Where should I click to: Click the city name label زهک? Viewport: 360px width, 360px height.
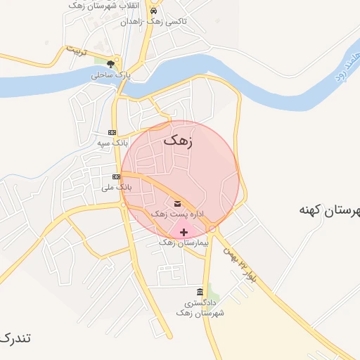tap(178, 141)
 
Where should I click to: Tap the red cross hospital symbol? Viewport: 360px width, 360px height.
tap(184, 232)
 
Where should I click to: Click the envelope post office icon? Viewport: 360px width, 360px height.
tap(177, 204)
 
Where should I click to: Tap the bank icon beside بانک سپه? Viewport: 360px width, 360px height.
tap(112, 133)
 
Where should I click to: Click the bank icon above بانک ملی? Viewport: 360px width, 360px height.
tap(116, 177)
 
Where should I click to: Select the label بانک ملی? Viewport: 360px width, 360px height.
tap(116, 187)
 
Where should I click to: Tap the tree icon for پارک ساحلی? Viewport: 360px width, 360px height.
tap(110, 64)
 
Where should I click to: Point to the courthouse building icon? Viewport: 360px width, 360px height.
tap(200, 292)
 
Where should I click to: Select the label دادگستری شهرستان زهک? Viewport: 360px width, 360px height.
tap(200, 307)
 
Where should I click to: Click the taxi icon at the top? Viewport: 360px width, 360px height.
tap(163, 11)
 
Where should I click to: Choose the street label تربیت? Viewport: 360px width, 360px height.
tap(75, 51)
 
